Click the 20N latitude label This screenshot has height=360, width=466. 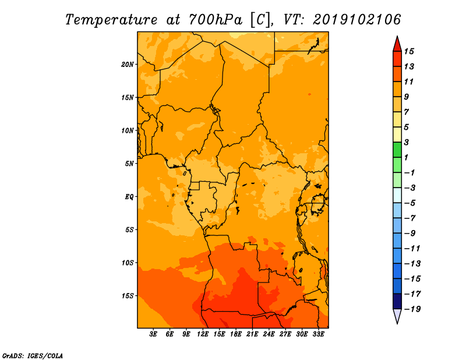click(x=128, y=65)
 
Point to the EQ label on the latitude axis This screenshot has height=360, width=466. click(x=129, y=197)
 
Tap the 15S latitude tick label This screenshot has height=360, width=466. click(x=128, y=296)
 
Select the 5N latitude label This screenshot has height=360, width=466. click(x=129, y=164)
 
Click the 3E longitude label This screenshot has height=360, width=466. click(x=153, y=334)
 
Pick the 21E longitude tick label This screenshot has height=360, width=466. click(x=252, y=334)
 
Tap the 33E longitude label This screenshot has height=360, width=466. click(x=318, y=334)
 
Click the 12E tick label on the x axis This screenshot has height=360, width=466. click(x=202, y=334)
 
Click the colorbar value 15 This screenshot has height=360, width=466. click(x=409, y=51)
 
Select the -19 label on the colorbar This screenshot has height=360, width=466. click(x=412, y=309)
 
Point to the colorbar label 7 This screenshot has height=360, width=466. click(x=407, y=112)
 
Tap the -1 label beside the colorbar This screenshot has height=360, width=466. click(x=409, y=172)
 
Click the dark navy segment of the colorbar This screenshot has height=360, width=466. click(x=397, y=301)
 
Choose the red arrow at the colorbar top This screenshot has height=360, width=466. click(x=397, y=44)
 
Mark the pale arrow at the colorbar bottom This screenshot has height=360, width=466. click(x=397, y=316)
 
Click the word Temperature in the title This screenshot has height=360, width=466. click(x=111, y=20)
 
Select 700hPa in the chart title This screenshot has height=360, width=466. click(x=216, y=20)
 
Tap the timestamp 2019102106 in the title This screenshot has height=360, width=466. click(x=356, y=20)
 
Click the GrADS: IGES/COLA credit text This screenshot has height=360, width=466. click(x=33, y=355)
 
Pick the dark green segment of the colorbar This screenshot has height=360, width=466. click(x=397, y=150)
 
